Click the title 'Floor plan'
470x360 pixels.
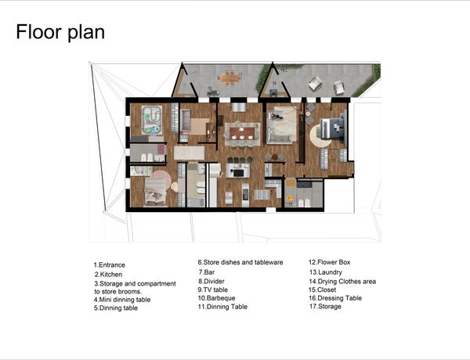60,32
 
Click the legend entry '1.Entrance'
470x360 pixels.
109,265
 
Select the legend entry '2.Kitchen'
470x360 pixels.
109,275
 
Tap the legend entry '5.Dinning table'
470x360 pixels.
116,308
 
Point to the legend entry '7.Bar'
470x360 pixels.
207,272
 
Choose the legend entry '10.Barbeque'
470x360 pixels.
216,298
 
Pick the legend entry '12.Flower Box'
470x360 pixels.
330,262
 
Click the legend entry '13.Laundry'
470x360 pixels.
326,272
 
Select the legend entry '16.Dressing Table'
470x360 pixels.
335,298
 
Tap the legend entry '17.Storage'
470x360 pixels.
325,306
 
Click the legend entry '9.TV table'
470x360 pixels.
212,290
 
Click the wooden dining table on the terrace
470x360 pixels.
230,78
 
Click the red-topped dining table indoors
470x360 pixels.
242,133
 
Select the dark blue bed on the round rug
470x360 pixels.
333,128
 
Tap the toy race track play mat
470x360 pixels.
152,120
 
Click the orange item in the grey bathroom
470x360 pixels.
290,198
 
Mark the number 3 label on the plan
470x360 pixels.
266,171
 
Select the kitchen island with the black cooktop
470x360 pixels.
238,171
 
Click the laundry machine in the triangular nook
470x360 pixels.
273,93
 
